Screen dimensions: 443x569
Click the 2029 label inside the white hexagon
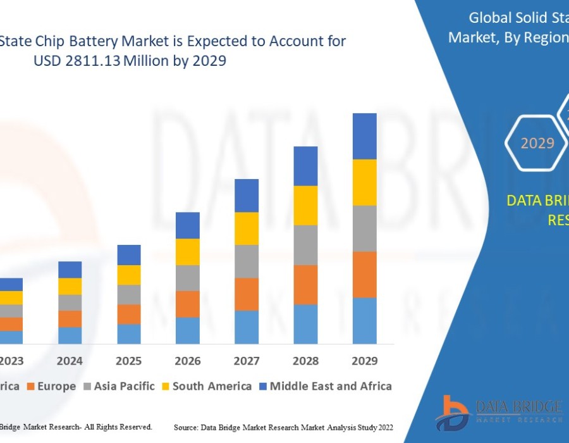click(537, 143)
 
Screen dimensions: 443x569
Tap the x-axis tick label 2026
click(188, 361)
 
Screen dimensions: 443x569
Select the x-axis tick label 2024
click(70, 361)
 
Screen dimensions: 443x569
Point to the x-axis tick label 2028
click(305, 361)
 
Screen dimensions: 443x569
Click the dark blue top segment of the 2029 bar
click(365, 136)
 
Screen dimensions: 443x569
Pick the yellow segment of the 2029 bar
click(365, 182)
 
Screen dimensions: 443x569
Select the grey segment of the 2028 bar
click(305, 245)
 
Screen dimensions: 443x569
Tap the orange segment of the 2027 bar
click(247, 294)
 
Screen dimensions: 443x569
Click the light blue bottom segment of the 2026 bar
click(188, 330)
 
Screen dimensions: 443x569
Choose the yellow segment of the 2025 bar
click(129, 275)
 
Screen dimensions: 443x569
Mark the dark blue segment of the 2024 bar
click(70, 270)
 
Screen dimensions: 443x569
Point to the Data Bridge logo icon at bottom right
click(452, 413)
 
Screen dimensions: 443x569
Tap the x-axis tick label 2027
click(247, 361)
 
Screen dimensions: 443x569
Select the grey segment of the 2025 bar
click(129, 294)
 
